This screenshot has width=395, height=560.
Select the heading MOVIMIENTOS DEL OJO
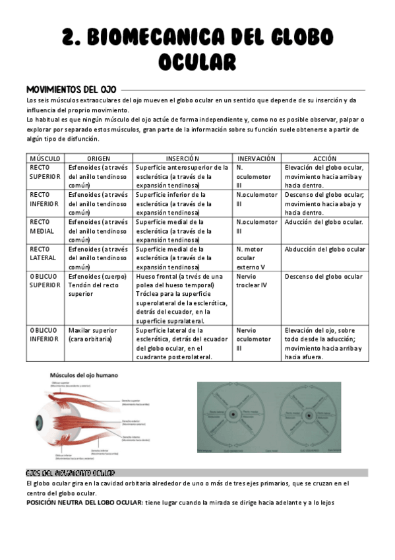[71, 88]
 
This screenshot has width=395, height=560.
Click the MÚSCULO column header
[46, 158]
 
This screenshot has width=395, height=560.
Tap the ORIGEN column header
[98, 158]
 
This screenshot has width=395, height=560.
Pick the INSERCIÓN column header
[183, 158]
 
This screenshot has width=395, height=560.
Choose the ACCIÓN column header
[324, 158]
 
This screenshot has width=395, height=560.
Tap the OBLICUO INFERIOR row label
[44, 334]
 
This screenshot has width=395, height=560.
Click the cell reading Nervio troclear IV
[253, 281]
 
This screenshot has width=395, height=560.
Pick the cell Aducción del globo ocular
[323, 222]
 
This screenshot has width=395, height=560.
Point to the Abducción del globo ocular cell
[324, 249]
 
